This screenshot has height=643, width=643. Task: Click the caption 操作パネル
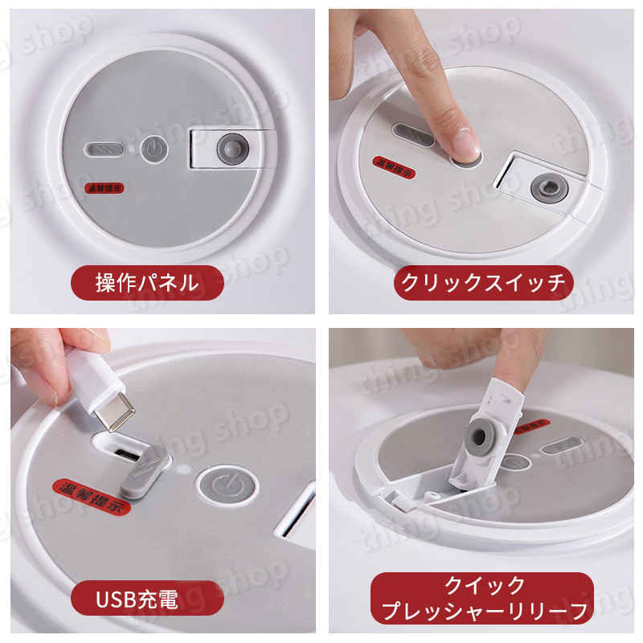146,282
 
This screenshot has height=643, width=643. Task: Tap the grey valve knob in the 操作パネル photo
232,149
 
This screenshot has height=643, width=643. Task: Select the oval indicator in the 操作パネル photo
104,150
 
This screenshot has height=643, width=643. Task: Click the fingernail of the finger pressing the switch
465,144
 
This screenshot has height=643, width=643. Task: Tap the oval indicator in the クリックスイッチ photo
412,134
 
